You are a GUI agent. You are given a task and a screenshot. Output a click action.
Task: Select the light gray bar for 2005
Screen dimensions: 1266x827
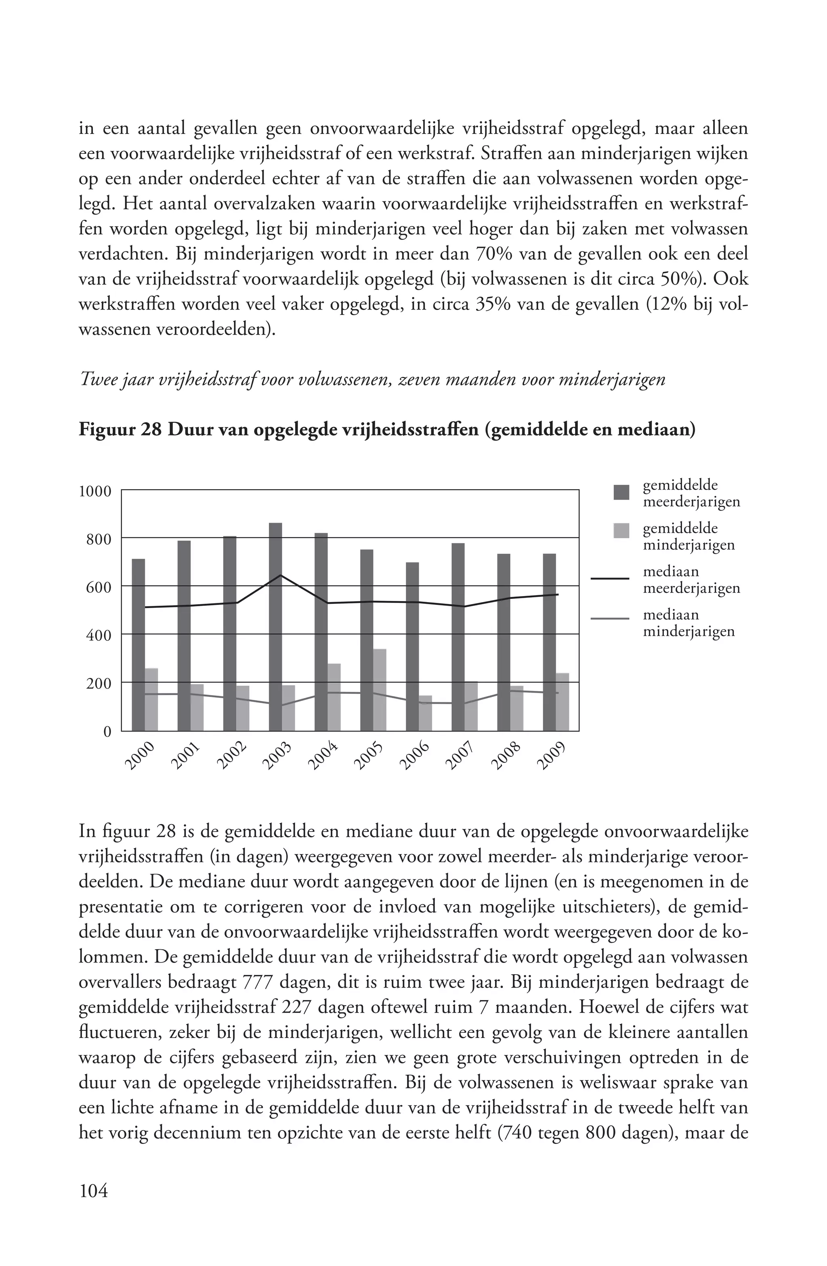pyautogui.click(x=380, y=690)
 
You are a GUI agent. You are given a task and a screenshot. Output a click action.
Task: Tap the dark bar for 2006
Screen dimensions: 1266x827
pyautogui.click(x=412, y=647)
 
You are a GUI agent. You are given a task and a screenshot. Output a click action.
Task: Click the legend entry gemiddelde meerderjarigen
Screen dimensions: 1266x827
pyautogui.click(x=691, y=493)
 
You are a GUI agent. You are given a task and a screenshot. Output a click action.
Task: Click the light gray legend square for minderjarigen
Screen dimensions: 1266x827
pyautogui.click(x=621, y=530)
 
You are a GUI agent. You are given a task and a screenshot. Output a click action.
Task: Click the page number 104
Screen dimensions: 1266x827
pyautogui.click(x=93, y=1191)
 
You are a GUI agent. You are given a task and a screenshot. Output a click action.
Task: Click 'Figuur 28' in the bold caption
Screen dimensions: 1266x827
pyautogui.click(x=120, y=430)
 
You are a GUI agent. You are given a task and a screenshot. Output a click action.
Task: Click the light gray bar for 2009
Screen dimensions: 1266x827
pyautogui.click(x=562, y=702)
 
